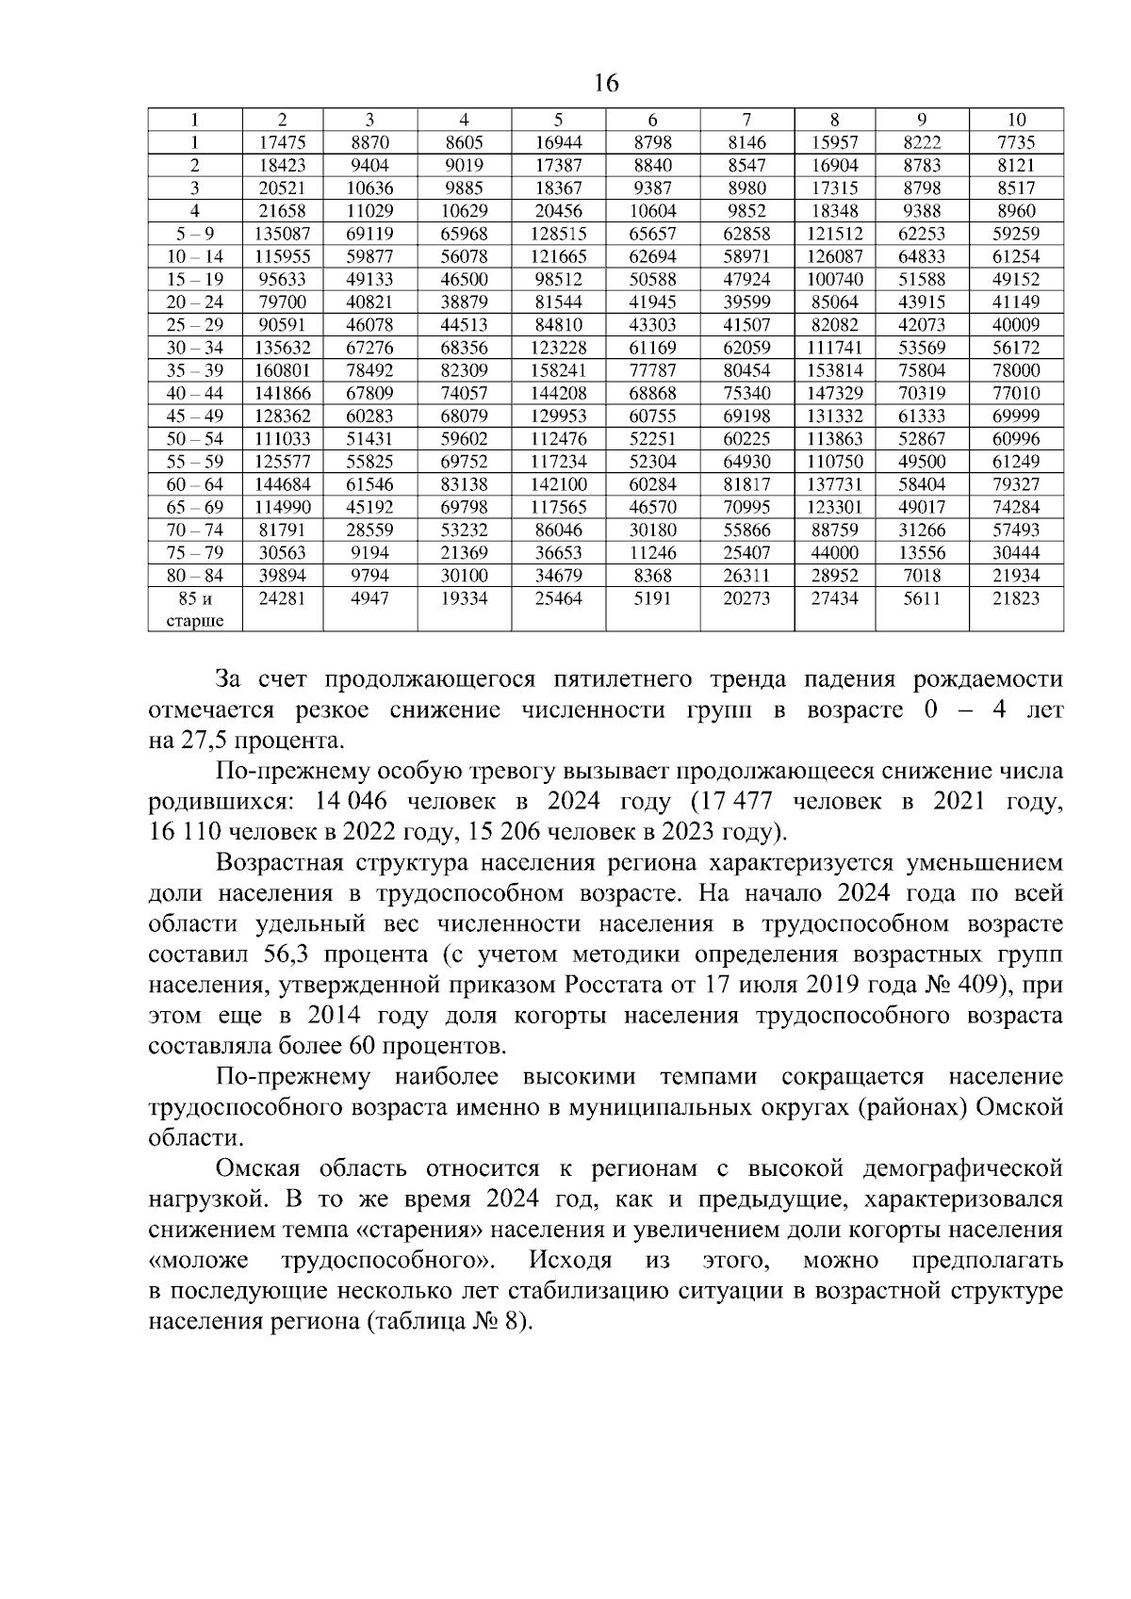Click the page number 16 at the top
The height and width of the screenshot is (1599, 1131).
point(607,84)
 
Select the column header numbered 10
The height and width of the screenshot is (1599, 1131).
point(1016,120)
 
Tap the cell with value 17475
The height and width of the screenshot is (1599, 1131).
point(282,143)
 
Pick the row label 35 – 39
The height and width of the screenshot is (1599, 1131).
point(195,370)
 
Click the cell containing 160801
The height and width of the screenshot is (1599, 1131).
point(282,370)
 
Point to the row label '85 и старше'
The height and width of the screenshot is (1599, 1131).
point(195,609)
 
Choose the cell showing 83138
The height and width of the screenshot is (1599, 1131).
point(464,484)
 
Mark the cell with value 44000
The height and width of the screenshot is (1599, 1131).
point(834,553)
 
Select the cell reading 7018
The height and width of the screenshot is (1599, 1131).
point(922,576)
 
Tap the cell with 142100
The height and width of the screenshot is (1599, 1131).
point(558,484)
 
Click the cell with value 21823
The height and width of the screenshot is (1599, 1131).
point(1016,598)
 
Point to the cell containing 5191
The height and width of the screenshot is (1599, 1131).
point(652,598)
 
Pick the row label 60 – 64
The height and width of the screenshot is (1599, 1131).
point(195,484)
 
